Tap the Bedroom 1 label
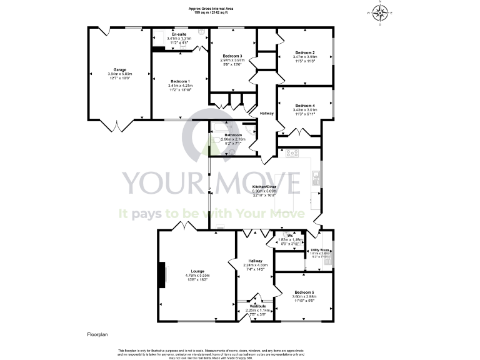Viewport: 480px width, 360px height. point(179,81)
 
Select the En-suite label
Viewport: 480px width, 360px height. point(179,34)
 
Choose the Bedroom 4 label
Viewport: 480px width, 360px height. point(304,106)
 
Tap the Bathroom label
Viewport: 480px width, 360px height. point(234,135)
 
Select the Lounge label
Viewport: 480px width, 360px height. point(196,270)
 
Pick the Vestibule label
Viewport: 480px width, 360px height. point(258,306)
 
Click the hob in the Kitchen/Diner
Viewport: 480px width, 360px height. point(292,153)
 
